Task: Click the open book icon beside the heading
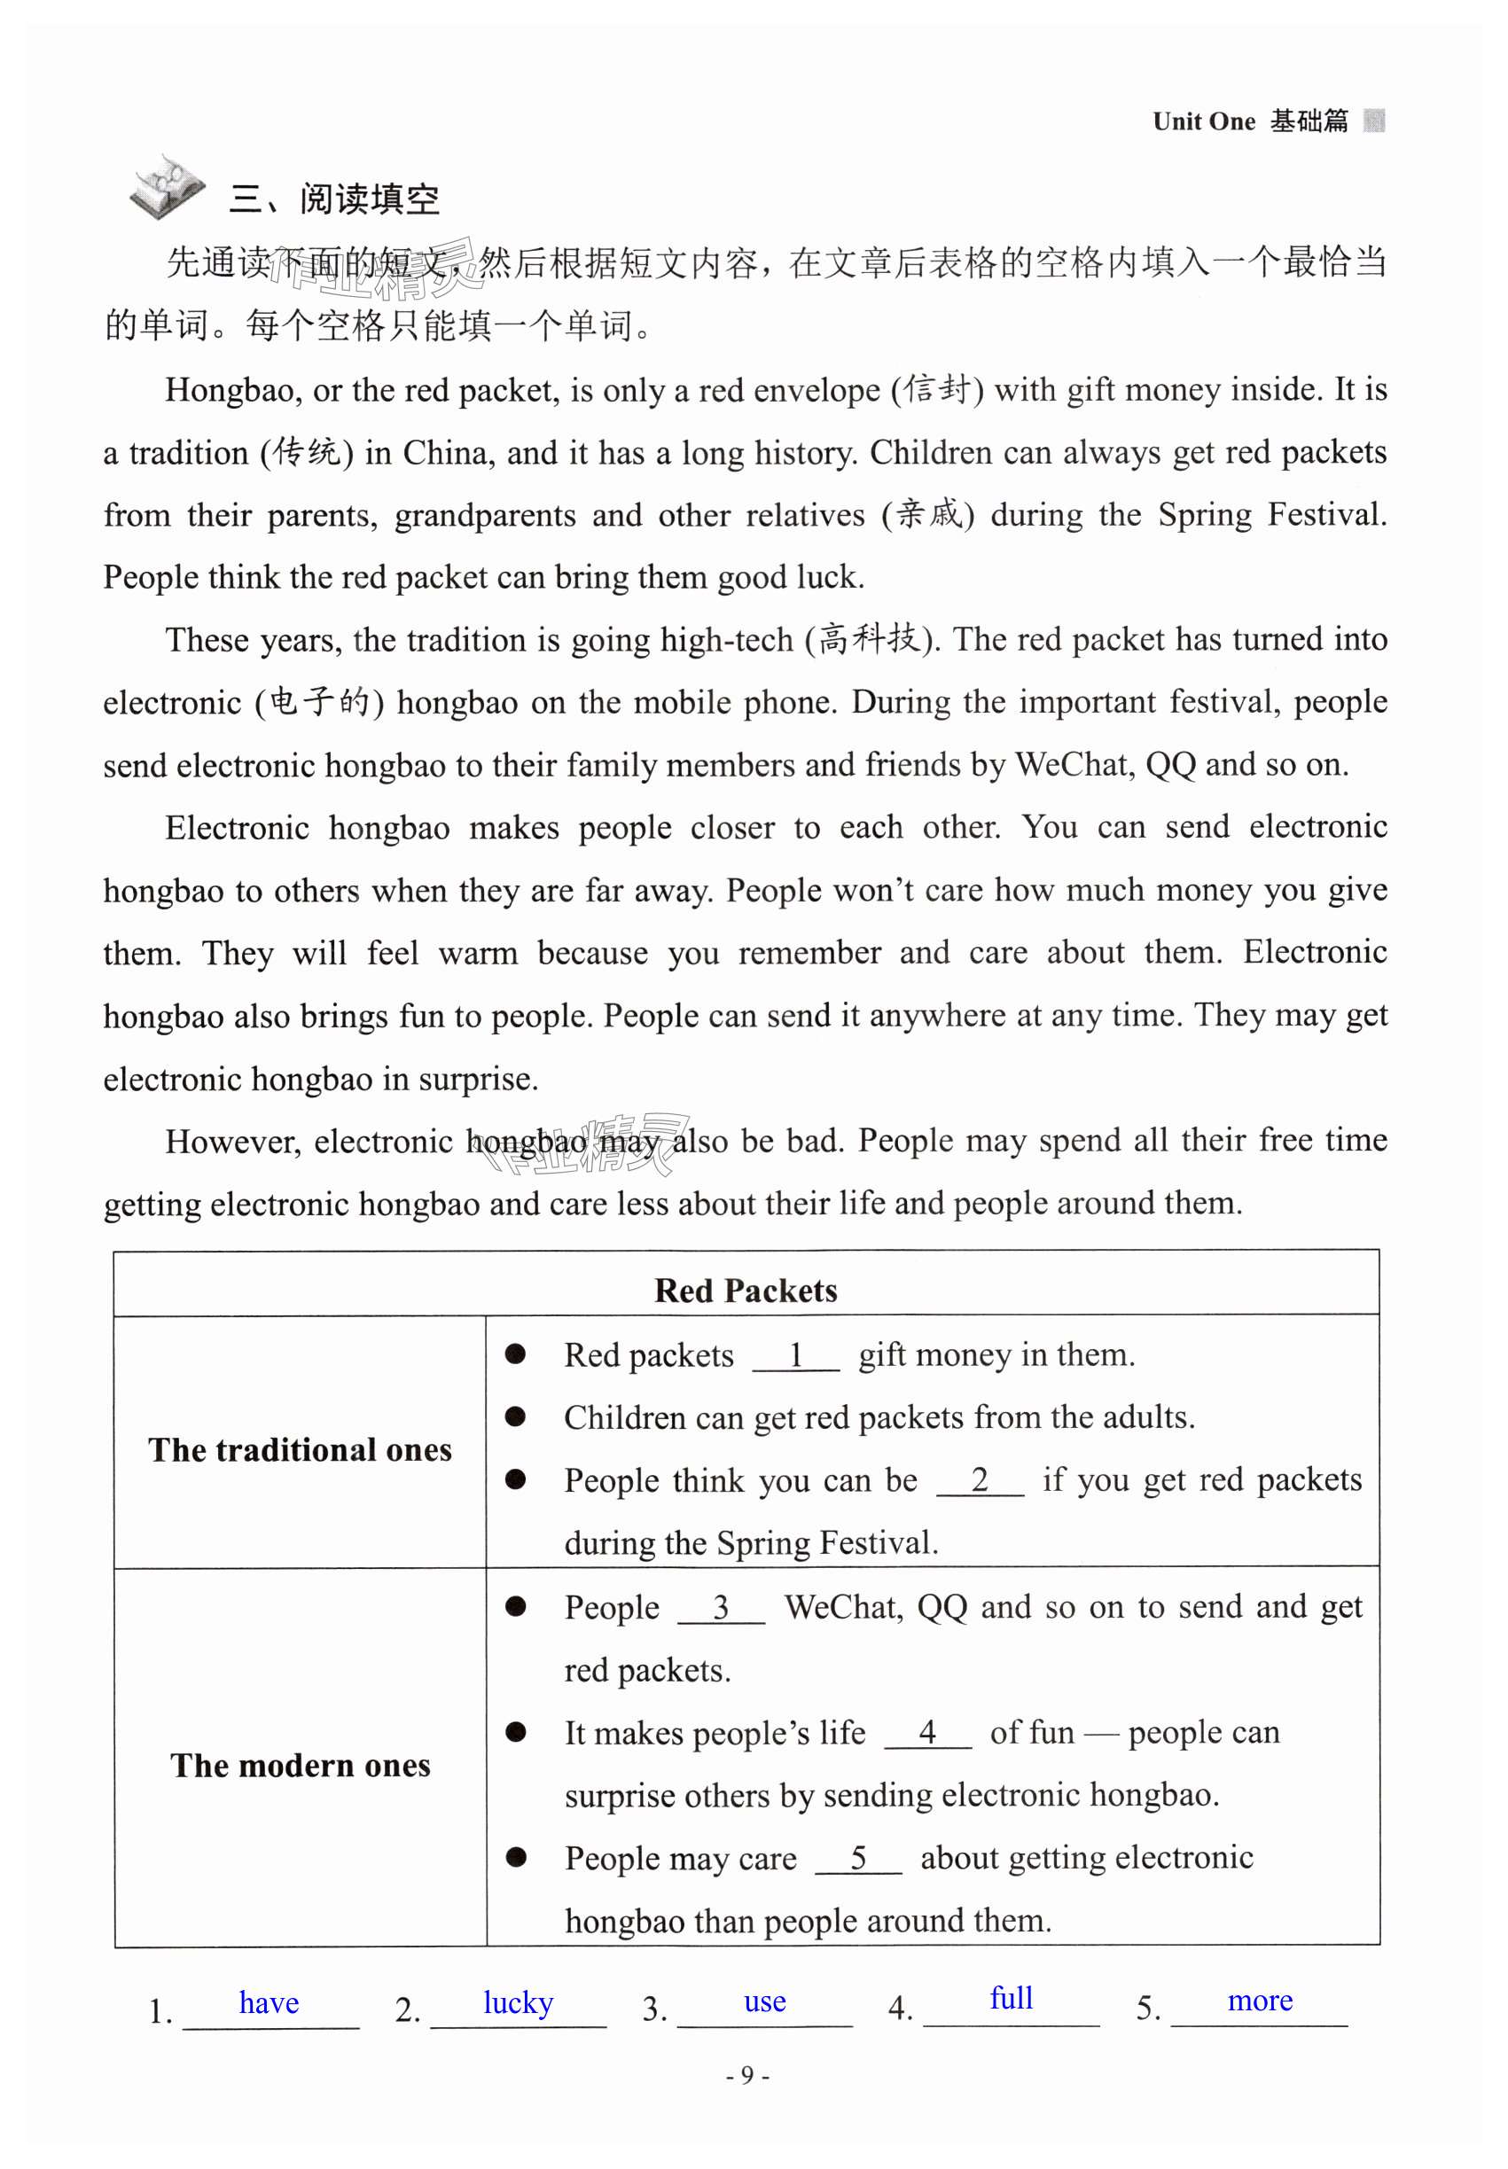coord(167,188)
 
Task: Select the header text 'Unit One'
coord(1203,121)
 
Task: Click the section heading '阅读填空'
coord(370,199)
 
